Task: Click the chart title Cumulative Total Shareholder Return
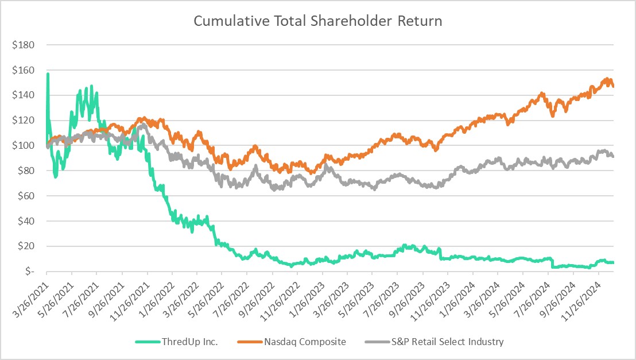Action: (x=317, y=21)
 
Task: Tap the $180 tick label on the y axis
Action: (x=26, y=45)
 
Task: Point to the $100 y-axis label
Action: (x=26, y=146)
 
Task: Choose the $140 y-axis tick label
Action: (x=26, y=95)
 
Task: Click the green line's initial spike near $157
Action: (x=47, y=74)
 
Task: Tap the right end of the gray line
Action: (x=612, y=156)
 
